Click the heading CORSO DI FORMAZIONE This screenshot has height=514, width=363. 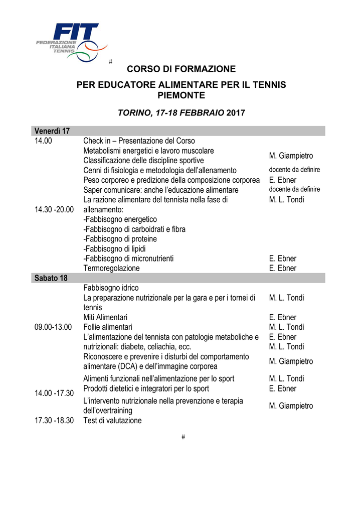[181, 69]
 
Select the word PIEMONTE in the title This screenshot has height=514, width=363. [181, 95]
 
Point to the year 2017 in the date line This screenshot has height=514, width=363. [236, 113]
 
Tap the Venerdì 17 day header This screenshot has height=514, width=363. [52, 131]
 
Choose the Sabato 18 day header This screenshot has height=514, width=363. [51, 278]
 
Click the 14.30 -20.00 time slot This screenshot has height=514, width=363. [54, 209]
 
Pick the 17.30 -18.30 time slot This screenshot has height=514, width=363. [54, 421]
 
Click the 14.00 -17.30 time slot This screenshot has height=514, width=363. [54, 393]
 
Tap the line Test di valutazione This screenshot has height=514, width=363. [112, 421]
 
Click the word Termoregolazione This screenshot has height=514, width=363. [111, 268]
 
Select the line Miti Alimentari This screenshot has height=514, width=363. [105, 317]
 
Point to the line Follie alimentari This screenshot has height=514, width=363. [108, 327]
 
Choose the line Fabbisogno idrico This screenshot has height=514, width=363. [111, 288]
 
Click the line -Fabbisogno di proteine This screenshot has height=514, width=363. [120, 239]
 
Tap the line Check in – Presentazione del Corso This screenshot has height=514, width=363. [139, 141]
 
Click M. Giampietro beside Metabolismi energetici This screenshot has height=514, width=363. [291, 156]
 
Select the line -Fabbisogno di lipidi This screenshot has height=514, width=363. [114, 248]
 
